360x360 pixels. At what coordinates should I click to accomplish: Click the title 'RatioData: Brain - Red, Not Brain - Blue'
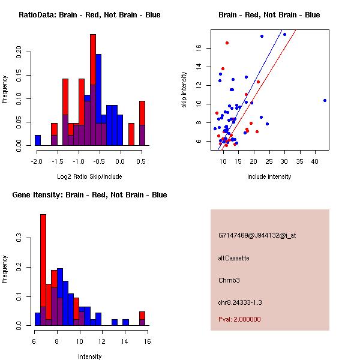(x=89, y=15)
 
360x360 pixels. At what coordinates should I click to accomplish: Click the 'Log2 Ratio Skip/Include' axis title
(x=89, y=176)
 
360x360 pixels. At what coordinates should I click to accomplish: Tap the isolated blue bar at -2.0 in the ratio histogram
(x=37, y=140)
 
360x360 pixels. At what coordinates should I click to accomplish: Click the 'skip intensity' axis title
(x=185, y=90)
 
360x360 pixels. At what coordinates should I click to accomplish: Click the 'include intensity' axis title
(x=269, y=176)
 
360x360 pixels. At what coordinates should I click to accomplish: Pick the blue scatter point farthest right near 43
(x=325, y=100)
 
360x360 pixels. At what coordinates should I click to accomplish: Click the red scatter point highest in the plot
(x=227, y=43)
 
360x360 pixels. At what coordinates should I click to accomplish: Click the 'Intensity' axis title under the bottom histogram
(x=90, y=356)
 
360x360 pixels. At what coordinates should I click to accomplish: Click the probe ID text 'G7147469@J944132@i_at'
(x=257, y=235)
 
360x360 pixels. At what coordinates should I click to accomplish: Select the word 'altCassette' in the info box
(x=234, y=258)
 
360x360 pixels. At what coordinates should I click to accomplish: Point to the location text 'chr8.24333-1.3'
(x=240, y=302)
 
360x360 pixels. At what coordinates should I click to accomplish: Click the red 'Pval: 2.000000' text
(x=239, y=319)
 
